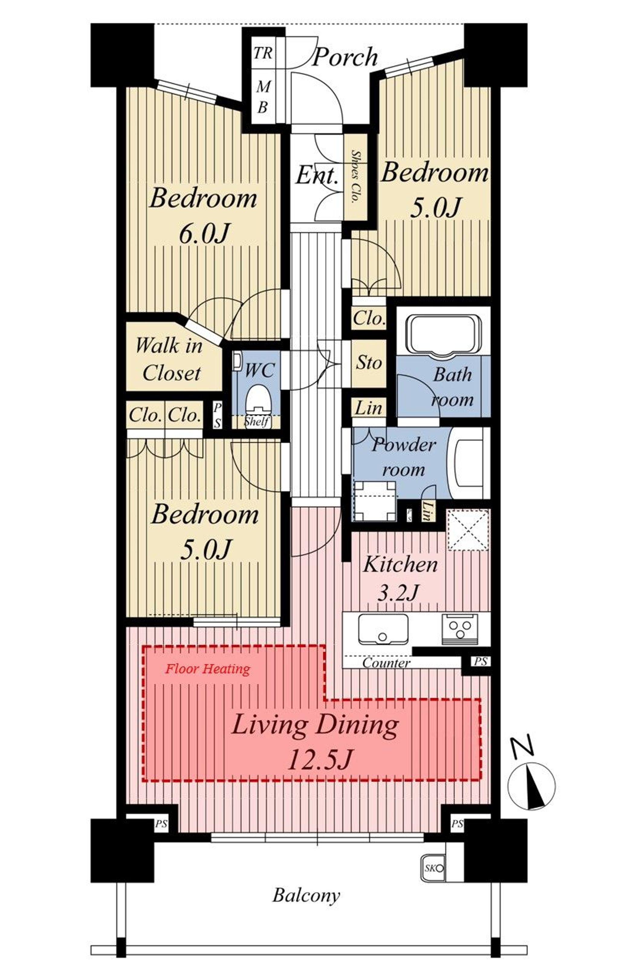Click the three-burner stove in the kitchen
tap(460, 629)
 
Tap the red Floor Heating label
tap(207, 669)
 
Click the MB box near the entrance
tap(263, 96)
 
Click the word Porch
tap(345, 56)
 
